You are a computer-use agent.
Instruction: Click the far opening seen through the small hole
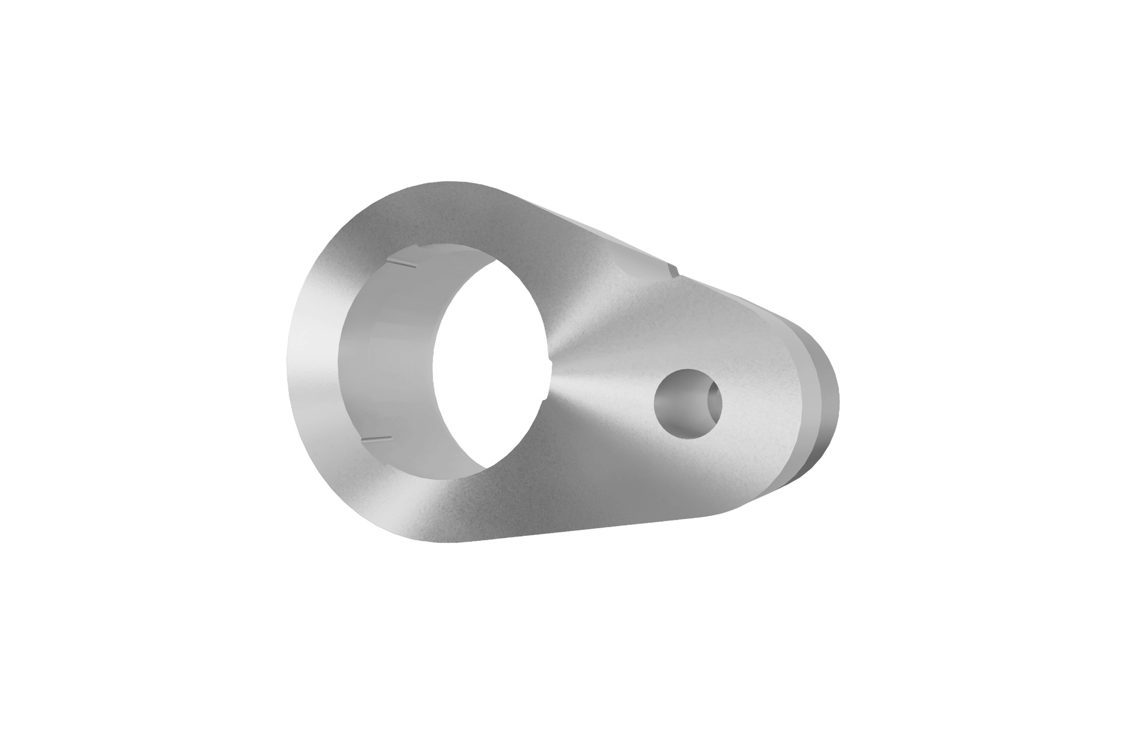(x=715, y=403)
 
